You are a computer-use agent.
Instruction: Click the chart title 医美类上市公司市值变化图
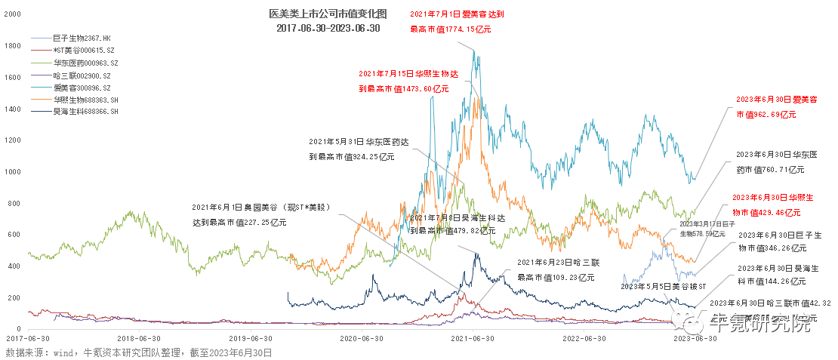[328, 14]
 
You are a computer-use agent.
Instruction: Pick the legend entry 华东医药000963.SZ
[85, 62]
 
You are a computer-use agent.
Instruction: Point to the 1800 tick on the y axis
[13, 46]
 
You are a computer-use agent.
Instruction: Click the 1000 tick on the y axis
[13, 172]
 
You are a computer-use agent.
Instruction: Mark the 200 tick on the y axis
[13, 297]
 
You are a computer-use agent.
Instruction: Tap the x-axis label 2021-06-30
[473, 338]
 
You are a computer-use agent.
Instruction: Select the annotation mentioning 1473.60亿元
[408, 82]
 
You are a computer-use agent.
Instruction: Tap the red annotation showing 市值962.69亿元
[766, 107]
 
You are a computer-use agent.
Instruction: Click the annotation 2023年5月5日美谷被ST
[662, 287]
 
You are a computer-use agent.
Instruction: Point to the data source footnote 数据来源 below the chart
[138, 352]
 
